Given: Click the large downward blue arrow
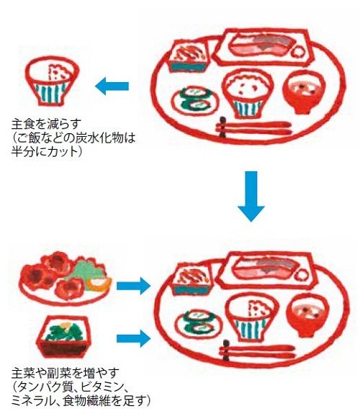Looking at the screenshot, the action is click(x=251, y=197).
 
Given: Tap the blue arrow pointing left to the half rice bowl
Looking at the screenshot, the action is click(x=112, y=86).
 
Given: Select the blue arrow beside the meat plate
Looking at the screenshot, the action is click(x=134, y=286).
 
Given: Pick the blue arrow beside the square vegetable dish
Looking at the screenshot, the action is click(x=134, y=338).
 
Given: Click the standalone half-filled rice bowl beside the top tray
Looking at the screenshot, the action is click(x=53, y=81).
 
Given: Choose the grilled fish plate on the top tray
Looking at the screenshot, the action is click(x=264, y=47).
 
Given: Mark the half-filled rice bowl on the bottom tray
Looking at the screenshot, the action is click(x=252, y=317).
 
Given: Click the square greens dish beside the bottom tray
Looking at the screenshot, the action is click(x=63, y=337).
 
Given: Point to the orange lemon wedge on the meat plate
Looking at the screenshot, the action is click(x=99, y=285).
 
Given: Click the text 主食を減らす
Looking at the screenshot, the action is click(x=46, y=124).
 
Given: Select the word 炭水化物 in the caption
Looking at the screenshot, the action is click(x=96, y=138).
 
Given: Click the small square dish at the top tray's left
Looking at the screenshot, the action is click(x=189, y=56).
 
